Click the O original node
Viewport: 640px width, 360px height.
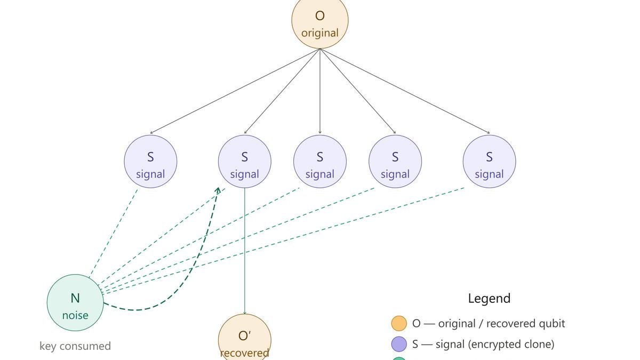point(320,21)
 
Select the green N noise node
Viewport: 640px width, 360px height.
point(75,302)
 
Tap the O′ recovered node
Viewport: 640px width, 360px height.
point(245,339)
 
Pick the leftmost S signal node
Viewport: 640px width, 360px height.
point(150,162)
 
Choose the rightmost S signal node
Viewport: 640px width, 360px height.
point(489,162)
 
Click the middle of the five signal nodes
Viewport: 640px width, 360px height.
point(320,162)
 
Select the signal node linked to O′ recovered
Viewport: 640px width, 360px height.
point(245,162)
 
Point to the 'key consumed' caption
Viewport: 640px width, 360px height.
point(75,346)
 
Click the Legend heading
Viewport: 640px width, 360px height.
point(489,298)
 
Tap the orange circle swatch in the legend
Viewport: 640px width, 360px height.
point(399,323)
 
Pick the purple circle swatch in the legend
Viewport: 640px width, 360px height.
point(399,344)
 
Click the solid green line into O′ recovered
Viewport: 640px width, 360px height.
point(245,251)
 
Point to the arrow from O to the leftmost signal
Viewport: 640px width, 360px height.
point(235,91)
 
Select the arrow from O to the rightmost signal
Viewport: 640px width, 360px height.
point(405,91)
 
